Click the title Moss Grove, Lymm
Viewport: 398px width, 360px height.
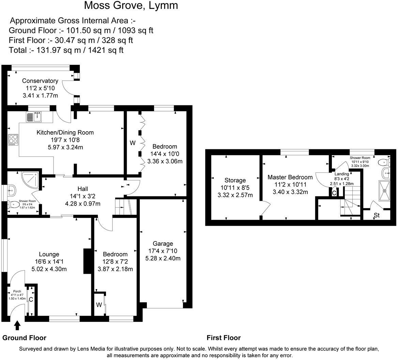(131, 6)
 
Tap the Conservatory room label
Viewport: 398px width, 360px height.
(40, 81)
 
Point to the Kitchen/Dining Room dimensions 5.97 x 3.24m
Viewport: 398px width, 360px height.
(65, 147)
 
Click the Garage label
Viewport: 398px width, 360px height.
(163, 243)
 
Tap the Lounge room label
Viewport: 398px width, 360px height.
(49, 254)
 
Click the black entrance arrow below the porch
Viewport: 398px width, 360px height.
(17, 326)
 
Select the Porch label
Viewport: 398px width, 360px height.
(17, 291)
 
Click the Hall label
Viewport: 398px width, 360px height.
(82, 189)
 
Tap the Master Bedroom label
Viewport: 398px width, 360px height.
(290, 177)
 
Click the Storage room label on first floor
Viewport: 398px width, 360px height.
(235, 180)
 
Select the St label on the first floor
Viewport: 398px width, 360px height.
(377, 215)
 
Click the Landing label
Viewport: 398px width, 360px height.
(341, 174)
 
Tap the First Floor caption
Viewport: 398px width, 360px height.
(224, 338)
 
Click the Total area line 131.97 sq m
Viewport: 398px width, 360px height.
(66, 50)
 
